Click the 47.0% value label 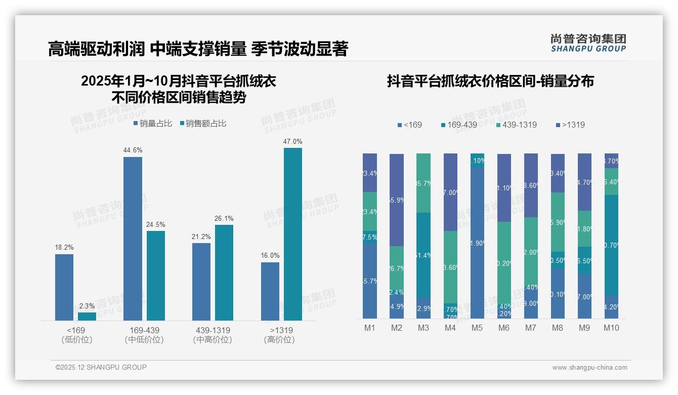(292, 142)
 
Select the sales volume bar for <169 (64, 287)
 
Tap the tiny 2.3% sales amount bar (87, 317)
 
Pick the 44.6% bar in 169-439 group (133, 239)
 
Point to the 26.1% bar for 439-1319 (224, 272)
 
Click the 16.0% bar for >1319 (270, 291)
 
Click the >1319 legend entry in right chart (570, 125)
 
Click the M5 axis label (477, 328)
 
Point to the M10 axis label (611, 328)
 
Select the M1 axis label (370, 328)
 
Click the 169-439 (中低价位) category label (144, 335)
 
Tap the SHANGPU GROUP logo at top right (588, 43)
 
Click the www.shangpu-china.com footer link (589, 368)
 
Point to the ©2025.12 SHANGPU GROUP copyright (101, 367)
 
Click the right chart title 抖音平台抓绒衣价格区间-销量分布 (490, 81)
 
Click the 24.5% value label (156, 225)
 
